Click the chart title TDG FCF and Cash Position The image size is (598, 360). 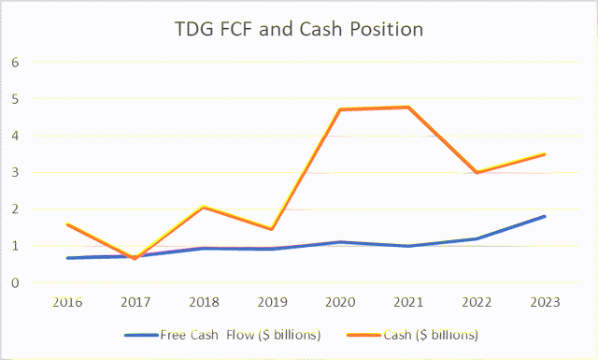pos(299,30)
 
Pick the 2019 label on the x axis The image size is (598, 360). pos(271,302)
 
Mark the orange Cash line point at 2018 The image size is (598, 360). pos(205,207)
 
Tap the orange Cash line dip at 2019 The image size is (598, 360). pos(271,229)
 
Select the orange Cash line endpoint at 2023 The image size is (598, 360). pos(544,154)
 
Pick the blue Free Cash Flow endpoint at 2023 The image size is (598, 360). pos(544,216)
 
